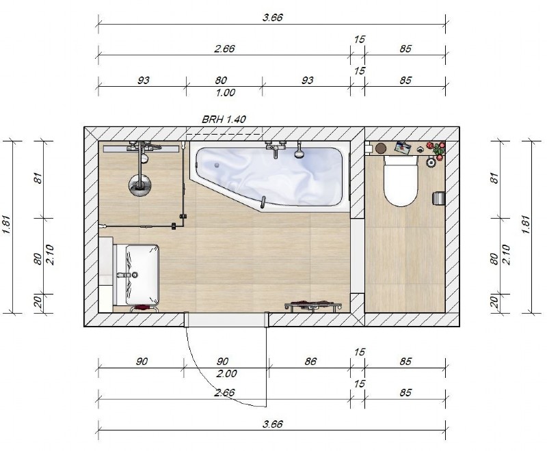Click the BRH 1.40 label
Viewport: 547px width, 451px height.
coord(224,120)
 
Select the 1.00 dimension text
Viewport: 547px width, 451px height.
coord(225,93)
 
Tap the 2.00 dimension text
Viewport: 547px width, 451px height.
coord(226,374)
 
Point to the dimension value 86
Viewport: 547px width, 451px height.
coord(310,361)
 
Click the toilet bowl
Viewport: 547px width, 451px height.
coord(401,180)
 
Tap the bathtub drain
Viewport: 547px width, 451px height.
coord(217,165)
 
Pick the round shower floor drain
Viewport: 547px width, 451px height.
coord(139,185)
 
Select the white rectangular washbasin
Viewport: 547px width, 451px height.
coord(142,275)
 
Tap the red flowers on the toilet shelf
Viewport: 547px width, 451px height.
coord(437,149)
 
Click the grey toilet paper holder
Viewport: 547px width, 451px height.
coord(438,198)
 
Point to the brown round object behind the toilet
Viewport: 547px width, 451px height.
coord(381,148)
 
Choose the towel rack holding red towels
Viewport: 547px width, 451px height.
coord(313,305)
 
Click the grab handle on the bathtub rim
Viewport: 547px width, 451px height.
coord(263,204)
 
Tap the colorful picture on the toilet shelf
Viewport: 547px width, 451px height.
coord(403,148)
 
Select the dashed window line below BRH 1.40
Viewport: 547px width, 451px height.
coord(224,134)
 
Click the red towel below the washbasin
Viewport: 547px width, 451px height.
coord(142,307)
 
